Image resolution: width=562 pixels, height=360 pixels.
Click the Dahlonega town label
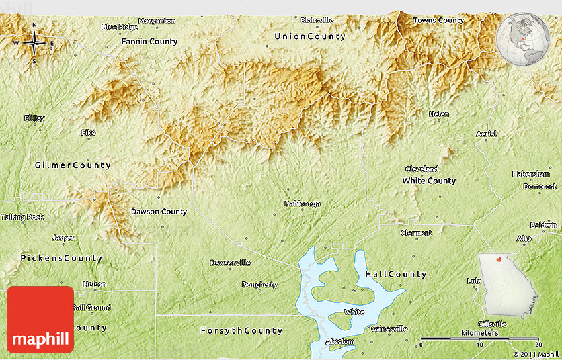302,204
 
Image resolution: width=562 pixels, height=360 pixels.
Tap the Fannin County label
149,42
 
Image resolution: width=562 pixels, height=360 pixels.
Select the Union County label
309,36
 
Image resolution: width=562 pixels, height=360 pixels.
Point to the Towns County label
438,21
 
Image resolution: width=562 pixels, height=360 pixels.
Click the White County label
429,181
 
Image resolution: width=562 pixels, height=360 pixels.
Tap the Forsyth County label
241,330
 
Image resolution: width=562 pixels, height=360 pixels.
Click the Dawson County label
159,212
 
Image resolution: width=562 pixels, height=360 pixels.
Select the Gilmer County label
73,165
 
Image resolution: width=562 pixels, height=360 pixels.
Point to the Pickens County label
61,258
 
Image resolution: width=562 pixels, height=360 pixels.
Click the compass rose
34,43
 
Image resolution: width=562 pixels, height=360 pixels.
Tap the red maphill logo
40,320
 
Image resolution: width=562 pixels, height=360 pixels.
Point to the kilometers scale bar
480,339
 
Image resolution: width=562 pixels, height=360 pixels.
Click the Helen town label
438,114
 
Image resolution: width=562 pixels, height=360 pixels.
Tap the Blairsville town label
317,21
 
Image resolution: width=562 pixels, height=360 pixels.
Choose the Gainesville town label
389,328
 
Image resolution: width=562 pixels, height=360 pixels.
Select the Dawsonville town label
229,263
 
